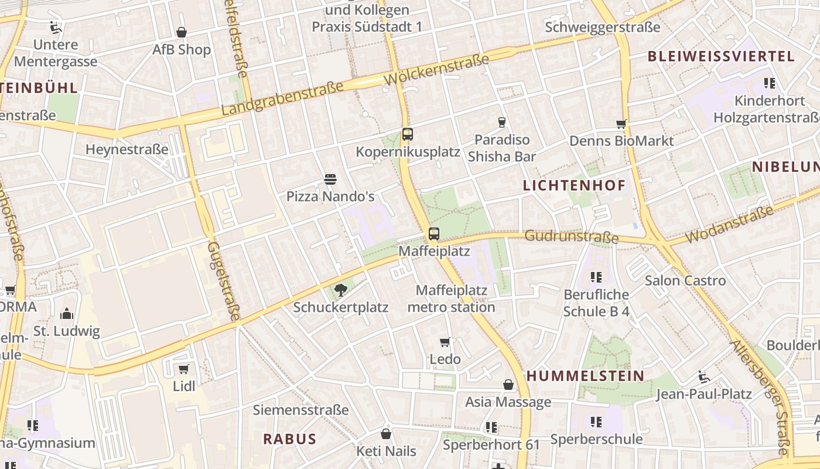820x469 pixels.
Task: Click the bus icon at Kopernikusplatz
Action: (408, 134)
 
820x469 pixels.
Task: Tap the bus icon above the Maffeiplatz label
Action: (433, 234)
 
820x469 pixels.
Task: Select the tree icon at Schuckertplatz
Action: (340, 289)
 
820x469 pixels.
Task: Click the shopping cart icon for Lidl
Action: (184, 369)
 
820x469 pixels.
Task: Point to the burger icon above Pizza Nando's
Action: (330, 179)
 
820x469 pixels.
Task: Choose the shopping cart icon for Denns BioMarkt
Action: (621, 124)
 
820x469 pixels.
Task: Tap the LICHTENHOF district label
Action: (574, 186)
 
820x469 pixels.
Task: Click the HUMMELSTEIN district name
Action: (585, 376)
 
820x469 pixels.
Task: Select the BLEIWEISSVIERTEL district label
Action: (720, 56)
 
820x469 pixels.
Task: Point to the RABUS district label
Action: (289, 439)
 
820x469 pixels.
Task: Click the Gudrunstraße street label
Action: (572, 236)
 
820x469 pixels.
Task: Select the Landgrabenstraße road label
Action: (282, 98)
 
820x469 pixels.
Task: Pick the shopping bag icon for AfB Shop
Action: (182, 32)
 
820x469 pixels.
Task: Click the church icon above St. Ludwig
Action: (67, 314)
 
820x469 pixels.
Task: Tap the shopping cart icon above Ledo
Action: (445, 342)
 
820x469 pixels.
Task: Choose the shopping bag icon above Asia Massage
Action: (508, 385)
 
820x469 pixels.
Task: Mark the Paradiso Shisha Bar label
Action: (502, 148)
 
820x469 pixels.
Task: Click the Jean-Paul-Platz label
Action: (703, 394)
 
